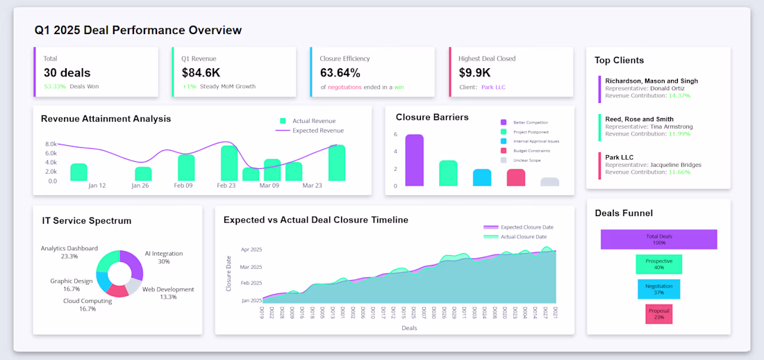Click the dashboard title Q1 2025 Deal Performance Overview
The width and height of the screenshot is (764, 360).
(x=138, y=31)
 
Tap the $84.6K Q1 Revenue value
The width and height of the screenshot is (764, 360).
(x=201, y=72)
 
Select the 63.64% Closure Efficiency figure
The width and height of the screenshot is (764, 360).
(x=340, y=72)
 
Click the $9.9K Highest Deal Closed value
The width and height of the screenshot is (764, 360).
(x=474, y=72)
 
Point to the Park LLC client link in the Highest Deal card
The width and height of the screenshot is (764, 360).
(x=495, y=87)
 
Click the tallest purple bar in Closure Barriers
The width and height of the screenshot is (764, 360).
(x=414, y=160)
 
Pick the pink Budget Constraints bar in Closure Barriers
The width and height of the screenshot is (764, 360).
(x=516, y=177)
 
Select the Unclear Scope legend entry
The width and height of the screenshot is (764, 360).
(x=526, y=160)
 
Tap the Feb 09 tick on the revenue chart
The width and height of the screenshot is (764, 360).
(x=184, y=186)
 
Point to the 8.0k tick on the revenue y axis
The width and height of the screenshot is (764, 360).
(x=51, y=145)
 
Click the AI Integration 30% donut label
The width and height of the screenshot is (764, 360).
(x=163, y=258)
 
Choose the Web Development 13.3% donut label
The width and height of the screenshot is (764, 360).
(x=168, y=293)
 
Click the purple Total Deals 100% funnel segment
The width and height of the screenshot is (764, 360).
(x=658, y=239)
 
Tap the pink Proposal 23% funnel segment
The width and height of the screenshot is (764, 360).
(x=659, y=314)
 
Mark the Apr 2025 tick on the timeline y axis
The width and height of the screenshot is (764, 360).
(x=251, y=249)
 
